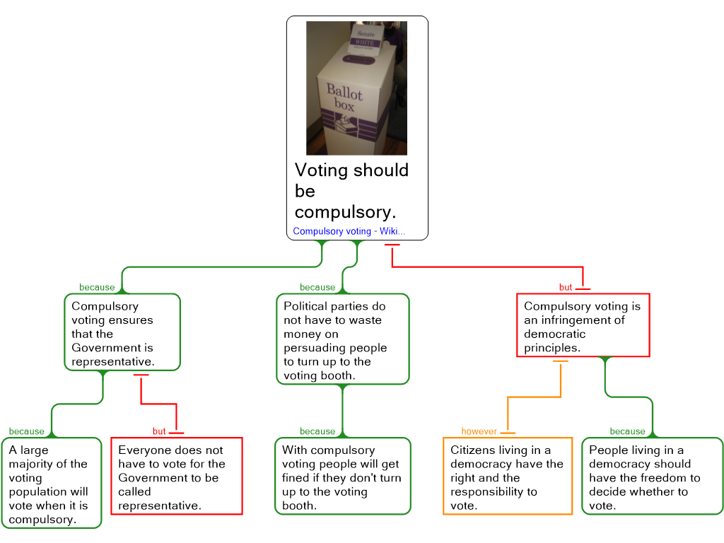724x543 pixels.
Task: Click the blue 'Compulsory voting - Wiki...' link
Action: tap(349, 231)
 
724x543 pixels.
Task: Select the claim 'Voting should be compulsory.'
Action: tap(351, 191)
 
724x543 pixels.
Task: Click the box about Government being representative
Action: tap(122, 333)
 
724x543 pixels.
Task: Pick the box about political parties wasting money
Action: tap(342, 340)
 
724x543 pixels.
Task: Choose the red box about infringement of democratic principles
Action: tap(583, 326)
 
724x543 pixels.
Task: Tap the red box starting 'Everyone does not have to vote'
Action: tap(176, 477)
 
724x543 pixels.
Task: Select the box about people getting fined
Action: tap(342, 477)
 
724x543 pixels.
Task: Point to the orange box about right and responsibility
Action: tap(507, 477)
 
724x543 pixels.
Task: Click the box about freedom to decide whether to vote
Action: tap(651, 477)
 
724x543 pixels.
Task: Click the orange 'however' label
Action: tap(479, 431)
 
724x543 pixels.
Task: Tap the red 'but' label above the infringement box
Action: tap(566, 288)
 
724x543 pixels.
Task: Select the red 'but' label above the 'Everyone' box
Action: tap(159, 431)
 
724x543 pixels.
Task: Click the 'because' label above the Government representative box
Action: tap(97, 287)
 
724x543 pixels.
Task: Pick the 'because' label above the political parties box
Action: tap(317, 287)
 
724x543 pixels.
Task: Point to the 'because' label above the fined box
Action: tap(317, 431)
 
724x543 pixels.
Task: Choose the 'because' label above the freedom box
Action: tap(627, 431)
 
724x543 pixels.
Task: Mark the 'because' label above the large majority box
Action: tap(26, 431)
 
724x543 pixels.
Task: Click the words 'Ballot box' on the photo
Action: tap(344, 98)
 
